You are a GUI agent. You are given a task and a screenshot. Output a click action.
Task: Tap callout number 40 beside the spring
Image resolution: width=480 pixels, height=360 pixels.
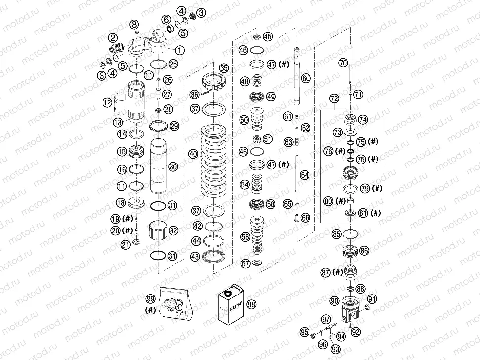point(193,154)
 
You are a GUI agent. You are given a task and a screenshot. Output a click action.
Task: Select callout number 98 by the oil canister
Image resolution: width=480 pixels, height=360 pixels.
point(251,304)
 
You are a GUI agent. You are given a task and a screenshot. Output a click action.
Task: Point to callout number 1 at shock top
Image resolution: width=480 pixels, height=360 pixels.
point(179,50)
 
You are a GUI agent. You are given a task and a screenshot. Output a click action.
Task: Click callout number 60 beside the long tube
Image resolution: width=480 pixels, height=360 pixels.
point(306,78)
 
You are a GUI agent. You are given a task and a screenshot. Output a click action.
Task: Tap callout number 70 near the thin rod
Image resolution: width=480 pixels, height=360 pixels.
point(343,63)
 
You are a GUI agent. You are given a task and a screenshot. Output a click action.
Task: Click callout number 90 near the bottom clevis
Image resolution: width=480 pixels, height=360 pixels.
point(335,300)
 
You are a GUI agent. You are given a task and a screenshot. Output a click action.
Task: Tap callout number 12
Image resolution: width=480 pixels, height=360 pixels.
point(107,103)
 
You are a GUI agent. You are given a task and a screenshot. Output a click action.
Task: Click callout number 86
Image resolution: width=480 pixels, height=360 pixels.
point(364,250)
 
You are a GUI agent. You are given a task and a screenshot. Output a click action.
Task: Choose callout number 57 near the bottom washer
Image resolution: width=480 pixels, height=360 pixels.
point(245,263)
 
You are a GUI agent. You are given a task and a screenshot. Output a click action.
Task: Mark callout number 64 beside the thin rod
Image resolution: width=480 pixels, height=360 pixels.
point(305,175)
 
